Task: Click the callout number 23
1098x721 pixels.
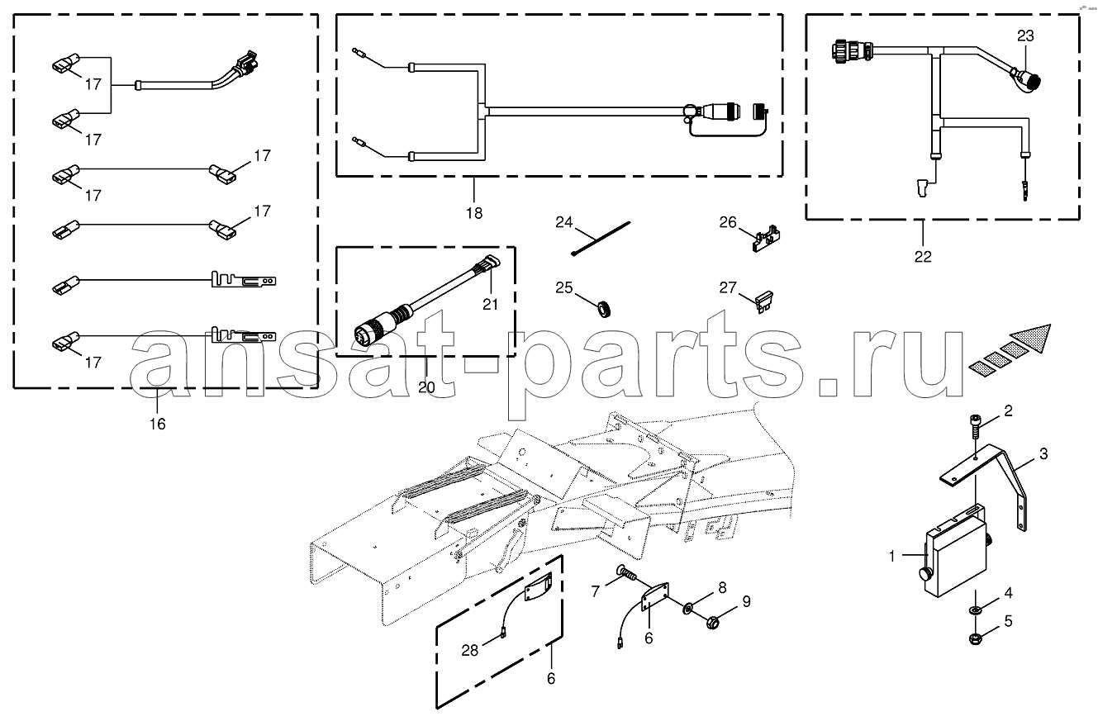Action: [1025, 36]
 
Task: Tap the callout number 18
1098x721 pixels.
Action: [474, 213]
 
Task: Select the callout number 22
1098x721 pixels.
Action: [923, 256]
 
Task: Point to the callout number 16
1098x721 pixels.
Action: [157, 424]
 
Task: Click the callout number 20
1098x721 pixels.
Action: [426, 387]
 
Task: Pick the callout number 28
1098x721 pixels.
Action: [469, 651]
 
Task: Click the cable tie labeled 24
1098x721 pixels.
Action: [601, 239]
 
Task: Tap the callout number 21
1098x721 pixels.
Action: [490, 305]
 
